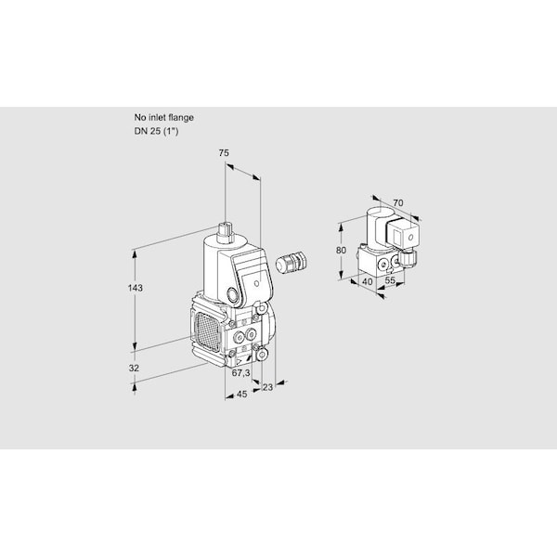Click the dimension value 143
136,288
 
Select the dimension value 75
224,153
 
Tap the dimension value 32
134,368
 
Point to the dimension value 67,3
240,372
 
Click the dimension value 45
241,394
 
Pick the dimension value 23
267,387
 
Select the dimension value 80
341,250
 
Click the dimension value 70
398,202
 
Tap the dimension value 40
368,281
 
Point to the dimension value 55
390,280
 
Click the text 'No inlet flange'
163,117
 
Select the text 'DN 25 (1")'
156,131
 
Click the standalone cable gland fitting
291,262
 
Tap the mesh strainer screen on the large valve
207,330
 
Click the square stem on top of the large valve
226,232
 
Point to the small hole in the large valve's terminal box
257,283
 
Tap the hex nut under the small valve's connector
408,256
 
